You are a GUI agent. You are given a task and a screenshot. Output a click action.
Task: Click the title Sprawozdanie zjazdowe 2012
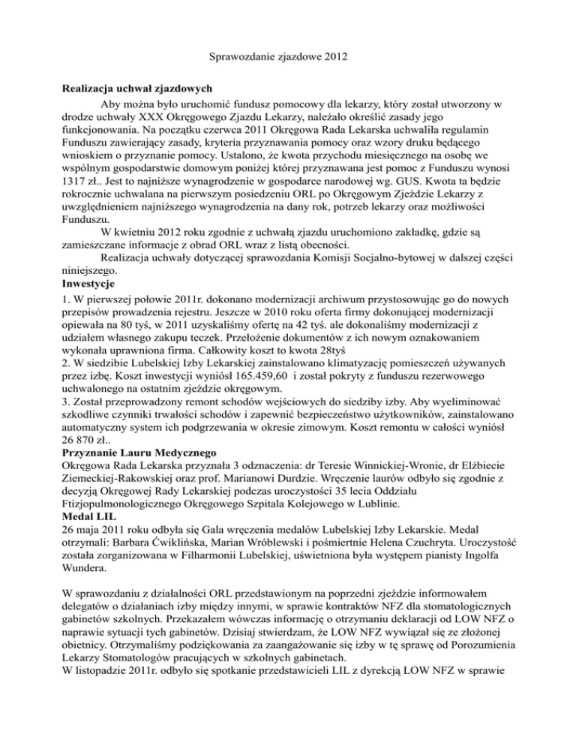pyautogui.click(x=287, y=54)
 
